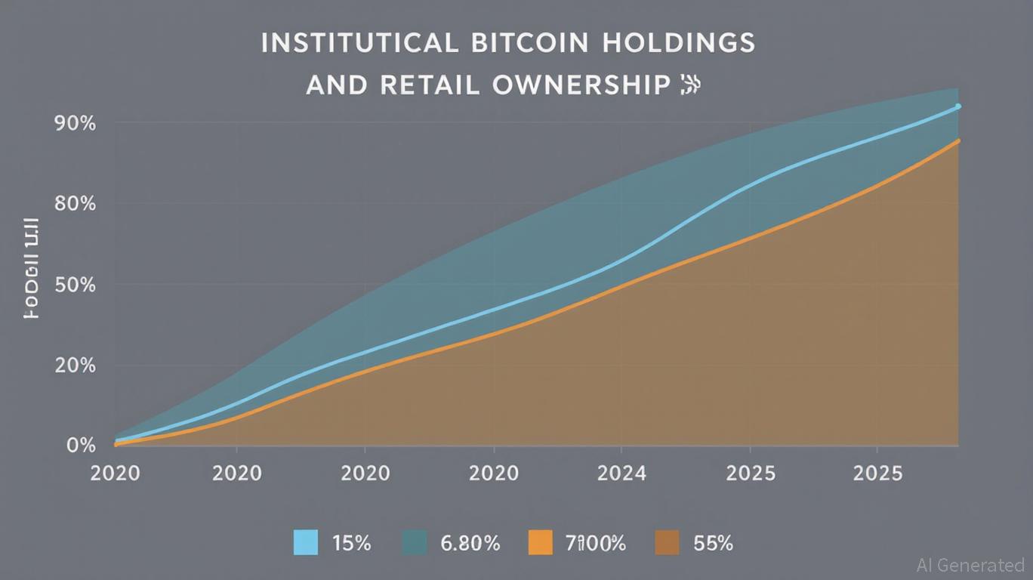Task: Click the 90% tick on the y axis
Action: point(75,123)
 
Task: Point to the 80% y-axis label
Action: point(75,204)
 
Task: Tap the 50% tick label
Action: point(75,285)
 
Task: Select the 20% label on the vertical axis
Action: point(75,366)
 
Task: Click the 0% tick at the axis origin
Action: point(81,446)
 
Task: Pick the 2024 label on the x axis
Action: point(621,474)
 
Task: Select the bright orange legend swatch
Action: point(540,542)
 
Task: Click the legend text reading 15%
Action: point(351,542)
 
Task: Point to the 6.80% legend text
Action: point(469,542)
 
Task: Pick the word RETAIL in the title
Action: point(428,85)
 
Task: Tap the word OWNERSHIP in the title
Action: point(581,85)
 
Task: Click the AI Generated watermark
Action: point(970,565)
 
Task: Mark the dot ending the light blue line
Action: point(958,106)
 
